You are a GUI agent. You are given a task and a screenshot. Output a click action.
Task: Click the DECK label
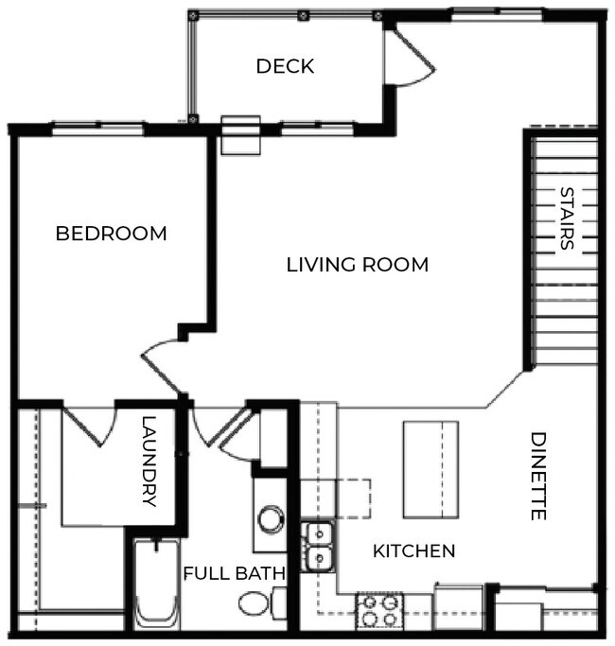285,67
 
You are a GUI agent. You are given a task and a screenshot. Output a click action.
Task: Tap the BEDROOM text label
111,233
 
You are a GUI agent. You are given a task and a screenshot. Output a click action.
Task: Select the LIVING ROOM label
357,265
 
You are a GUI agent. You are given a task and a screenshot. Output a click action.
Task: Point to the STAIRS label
566,218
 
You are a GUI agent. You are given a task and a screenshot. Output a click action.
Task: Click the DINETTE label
538,476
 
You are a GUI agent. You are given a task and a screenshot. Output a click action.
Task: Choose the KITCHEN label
413,550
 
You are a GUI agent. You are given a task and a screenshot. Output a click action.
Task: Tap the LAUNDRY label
149,462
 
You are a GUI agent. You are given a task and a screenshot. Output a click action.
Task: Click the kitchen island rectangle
430,469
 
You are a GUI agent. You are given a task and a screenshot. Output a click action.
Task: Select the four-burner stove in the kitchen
379,611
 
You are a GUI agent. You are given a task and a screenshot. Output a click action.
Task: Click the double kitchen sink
319,547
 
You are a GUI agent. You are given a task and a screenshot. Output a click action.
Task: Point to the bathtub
156,585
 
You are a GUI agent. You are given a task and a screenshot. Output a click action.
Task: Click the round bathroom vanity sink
272,517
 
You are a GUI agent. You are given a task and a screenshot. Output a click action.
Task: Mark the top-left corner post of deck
194,16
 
